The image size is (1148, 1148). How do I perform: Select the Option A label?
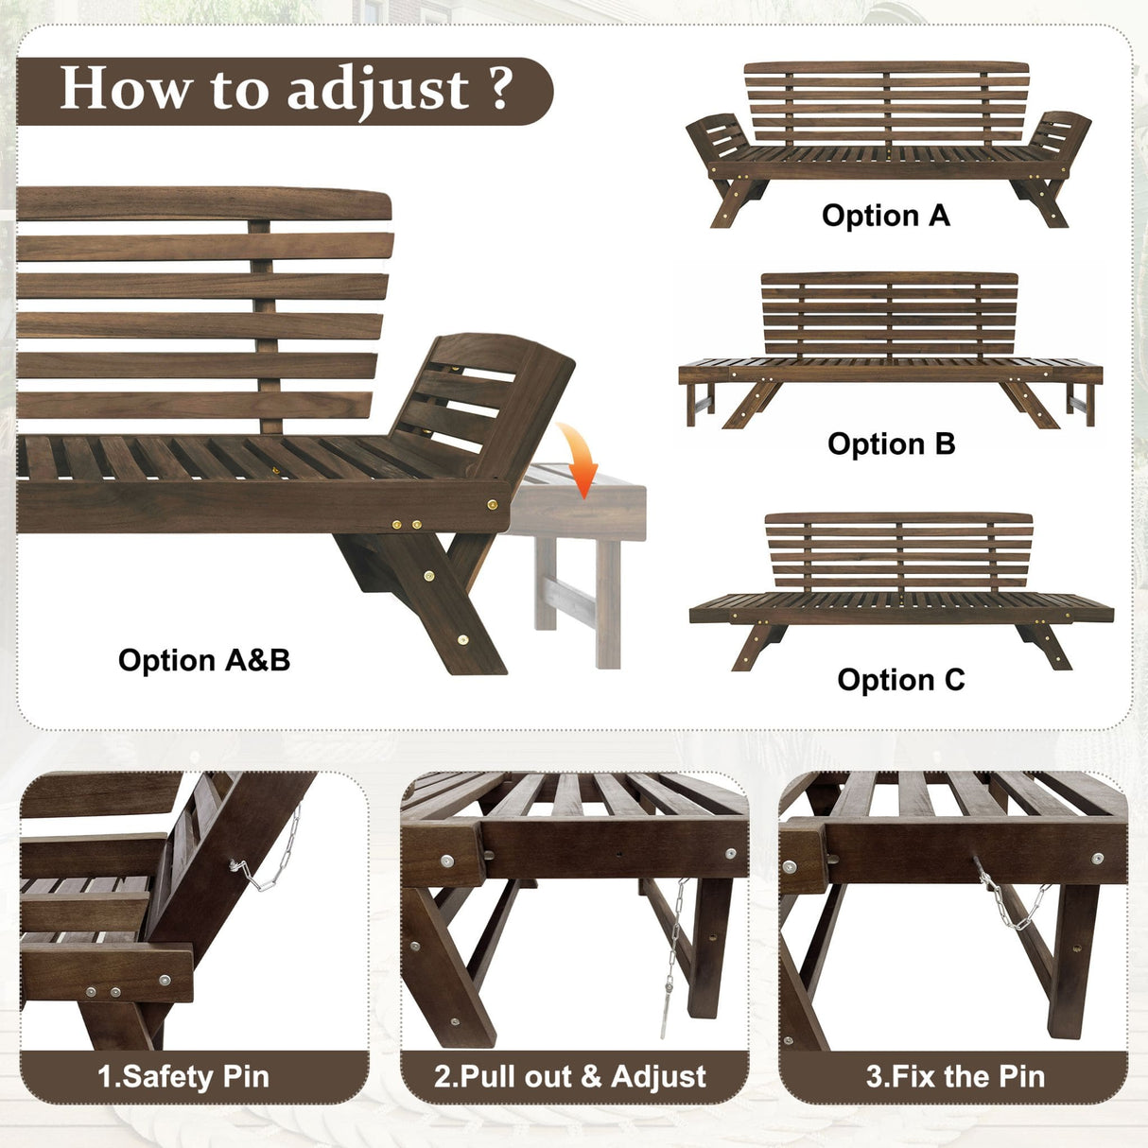click(885, 216)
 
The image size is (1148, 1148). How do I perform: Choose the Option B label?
click(891, 444)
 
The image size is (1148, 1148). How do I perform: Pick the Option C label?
click(900, 680)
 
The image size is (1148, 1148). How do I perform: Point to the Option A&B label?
click(204, 660)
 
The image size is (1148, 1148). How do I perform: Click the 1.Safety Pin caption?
click(183, 1076)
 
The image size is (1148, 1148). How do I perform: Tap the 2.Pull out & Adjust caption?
click(570, 1076)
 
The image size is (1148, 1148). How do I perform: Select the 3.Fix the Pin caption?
click(955, 1076)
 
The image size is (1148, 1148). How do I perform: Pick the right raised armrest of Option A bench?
click(1060, 138)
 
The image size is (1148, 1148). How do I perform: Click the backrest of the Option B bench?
click(889, 313)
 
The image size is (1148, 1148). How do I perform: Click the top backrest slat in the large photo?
click(203, 204)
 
